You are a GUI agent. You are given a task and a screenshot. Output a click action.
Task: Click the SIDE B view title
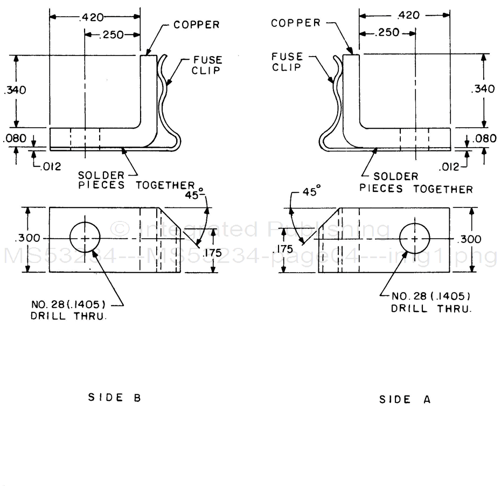pyautogui.click(x=114, y=398)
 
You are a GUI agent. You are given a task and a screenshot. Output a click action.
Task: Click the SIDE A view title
pyautogui.click(x=405, y=399)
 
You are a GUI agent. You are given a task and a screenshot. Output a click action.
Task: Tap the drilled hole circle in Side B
pyautogui.click(x=85, y=238)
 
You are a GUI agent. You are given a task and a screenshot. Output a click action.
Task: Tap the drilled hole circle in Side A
pyautogui.click(x=415, y=238)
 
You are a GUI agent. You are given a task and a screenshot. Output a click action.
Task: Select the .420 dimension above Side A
pyautogui.click(x=408, y=15)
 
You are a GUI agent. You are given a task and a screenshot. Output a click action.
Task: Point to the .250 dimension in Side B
pyautogui.click(x=113, y=35)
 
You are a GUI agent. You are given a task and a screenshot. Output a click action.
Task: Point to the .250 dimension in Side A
pyautogui.click(x=387, y=32)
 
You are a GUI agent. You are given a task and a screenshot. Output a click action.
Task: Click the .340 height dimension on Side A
pyautogui.click(x=482, y=89)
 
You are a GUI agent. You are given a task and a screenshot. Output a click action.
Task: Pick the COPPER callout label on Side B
pyautogui.click(x=197, y=25)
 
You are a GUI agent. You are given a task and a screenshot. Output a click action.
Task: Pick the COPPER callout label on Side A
pyautogui.click(x=296, y=23)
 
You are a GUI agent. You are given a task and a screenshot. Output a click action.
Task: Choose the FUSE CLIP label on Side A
pyautogui.click(x=287, y=61)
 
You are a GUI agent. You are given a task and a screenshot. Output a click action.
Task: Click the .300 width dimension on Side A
pyautogui.click(x=472, y=239)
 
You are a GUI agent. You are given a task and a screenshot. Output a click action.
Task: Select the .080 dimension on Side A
pyautogui.click(x=485, y=138)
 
